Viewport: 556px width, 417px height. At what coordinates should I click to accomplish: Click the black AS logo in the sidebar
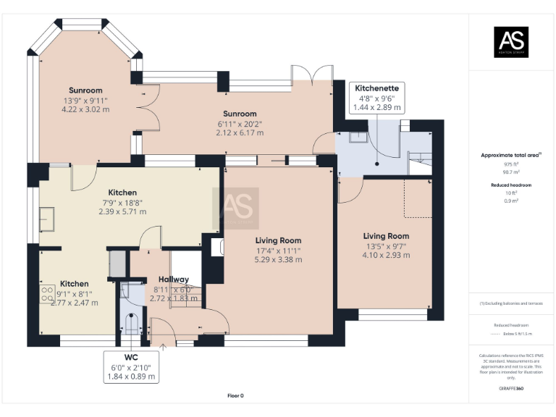[x=511, y=43]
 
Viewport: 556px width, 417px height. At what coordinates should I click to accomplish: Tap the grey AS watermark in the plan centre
[x=235, y=208]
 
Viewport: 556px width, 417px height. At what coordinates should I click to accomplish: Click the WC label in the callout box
[x=130, y=358]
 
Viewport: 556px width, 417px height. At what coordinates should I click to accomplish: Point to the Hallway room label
[x=173, y=279]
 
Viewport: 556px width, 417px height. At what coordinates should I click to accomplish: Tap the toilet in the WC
[x=130, y=324]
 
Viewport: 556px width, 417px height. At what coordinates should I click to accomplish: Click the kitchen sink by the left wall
[x=46, y=217]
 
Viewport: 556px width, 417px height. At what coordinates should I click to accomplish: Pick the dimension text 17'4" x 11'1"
[x=278, y=250]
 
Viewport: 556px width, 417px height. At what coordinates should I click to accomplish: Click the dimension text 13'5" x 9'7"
[x=386, y=246]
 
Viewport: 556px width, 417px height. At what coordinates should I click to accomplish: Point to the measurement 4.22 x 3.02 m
[x=85, y=109]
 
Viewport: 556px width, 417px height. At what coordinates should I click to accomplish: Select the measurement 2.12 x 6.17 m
[x=240, y=132]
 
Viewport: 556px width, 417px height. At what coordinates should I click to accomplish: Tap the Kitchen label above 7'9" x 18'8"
[x=122, y=193]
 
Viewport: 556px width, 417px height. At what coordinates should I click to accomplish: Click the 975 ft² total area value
[x=512, y=164]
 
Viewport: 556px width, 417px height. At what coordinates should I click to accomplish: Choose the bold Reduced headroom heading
[x=512, y=185]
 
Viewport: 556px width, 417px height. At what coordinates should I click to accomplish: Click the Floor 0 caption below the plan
[x=235, y=395]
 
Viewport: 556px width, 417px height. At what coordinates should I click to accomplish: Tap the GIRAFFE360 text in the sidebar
[x=511, y=389]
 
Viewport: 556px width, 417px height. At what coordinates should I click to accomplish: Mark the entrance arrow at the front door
[x=163, y=347]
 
